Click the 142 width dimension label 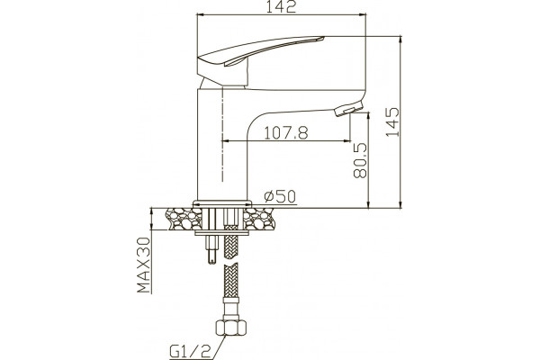(281, 7)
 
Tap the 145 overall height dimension (392, 122)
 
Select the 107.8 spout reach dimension (286, 132)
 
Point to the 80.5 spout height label (361, 160)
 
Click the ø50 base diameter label (280, 196)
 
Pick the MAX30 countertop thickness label (144, 265)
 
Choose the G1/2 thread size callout (190, 352)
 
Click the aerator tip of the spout (348, 110)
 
